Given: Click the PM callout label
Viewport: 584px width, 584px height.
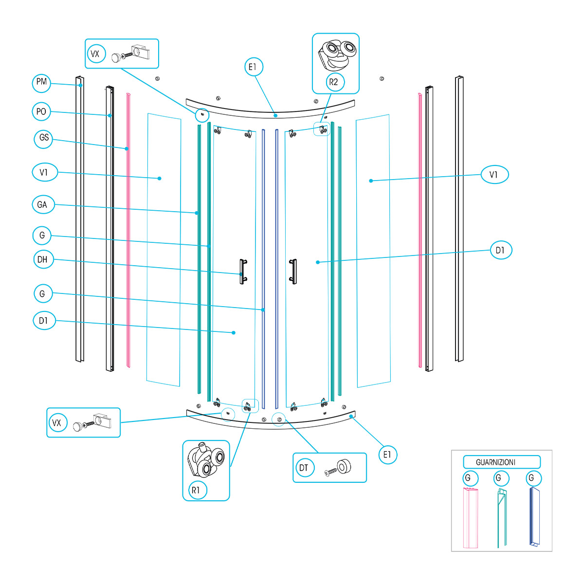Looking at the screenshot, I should (42, 82).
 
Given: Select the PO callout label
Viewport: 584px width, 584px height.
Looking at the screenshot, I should (41, 112).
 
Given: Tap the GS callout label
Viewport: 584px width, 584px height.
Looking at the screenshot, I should (44, 138).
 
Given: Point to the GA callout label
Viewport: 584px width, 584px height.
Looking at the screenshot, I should (42, 205).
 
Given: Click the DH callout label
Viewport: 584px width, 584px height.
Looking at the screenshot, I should (42, 259).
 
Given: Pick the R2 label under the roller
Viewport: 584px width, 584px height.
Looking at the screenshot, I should (333, 82).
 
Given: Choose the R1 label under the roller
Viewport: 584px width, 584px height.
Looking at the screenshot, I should (196, 490).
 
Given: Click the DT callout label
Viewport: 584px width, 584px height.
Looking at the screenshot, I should (304, 468).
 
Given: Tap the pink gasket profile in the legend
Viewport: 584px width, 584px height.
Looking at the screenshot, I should (471, 518).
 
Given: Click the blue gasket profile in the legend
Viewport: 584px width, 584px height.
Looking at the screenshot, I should (535, 518).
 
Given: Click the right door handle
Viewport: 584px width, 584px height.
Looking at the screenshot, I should (292, 270).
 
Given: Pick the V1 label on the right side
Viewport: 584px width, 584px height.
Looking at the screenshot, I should (494, 175).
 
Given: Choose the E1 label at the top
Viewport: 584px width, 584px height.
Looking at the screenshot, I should (253, 67).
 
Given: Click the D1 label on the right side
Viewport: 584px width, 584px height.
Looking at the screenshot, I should (500, 251).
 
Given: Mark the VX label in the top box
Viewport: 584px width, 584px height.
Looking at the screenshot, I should (95, 54).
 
